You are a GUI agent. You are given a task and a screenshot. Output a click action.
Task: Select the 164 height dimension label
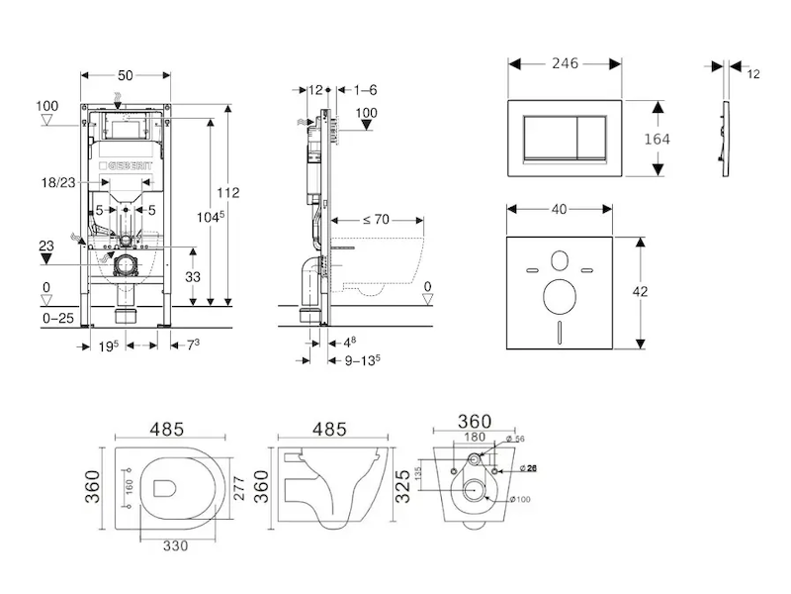pyautogui.click(x=657, y=139)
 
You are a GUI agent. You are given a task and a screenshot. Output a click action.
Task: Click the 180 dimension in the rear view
pyautogui.click(x=476, y=436)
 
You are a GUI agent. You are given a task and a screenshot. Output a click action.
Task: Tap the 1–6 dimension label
pyautogui.click(x=365, y=89)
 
